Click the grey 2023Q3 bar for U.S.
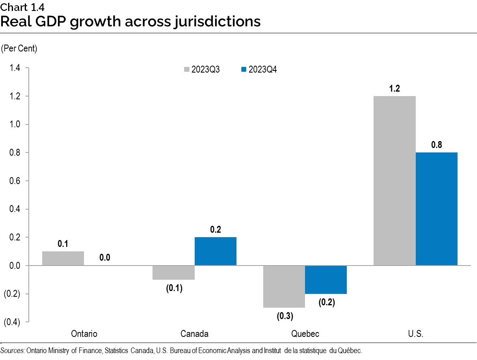[394, 181]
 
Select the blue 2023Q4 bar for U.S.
[436, 209]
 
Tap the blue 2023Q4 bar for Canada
[215, 251]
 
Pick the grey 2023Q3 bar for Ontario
[63, 258]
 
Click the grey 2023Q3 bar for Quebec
[284, 286]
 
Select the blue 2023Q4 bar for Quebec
[326, 280]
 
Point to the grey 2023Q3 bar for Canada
[174, 272]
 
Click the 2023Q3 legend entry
[202, 70]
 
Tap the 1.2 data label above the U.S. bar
[394, 89]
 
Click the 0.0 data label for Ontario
[105, 257]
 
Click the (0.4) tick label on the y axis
[12, 322]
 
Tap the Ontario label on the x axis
[84, 334]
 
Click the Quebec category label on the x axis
[305, 334]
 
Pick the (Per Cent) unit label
[19, 49]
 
